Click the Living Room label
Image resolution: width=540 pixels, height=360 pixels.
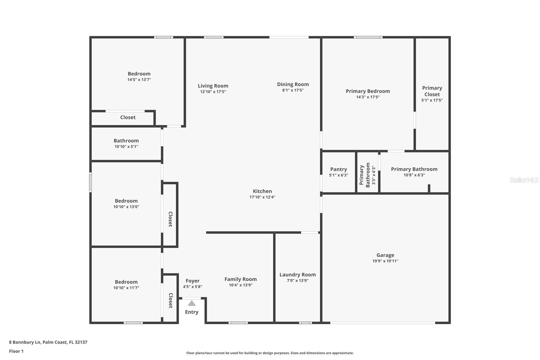213,86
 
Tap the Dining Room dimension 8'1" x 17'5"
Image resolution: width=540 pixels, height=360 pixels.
293,90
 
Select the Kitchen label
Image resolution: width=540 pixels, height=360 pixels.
262,191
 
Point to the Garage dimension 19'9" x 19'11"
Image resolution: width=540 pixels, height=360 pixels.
385,261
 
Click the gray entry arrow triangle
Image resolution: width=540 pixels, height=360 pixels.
192,303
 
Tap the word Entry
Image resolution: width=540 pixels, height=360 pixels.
192,312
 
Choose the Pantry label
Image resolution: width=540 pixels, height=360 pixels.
339,169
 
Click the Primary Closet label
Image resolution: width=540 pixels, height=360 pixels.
432,91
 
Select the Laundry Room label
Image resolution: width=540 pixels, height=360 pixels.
298,275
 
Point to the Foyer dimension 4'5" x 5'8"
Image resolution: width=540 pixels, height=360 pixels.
192,287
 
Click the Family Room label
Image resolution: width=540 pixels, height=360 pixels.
241,279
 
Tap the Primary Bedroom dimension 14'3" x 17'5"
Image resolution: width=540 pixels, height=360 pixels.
368,97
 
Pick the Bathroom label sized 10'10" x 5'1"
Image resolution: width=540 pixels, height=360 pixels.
126,140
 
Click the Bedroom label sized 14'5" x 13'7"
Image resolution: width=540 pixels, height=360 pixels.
139,74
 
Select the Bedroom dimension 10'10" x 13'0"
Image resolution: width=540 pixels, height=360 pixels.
126,207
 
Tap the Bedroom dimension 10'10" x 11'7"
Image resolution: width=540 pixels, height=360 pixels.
126,288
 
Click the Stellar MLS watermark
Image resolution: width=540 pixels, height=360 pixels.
524,180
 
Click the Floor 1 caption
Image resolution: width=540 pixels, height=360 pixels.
16,351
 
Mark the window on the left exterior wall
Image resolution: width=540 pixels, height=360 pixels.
90,182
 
